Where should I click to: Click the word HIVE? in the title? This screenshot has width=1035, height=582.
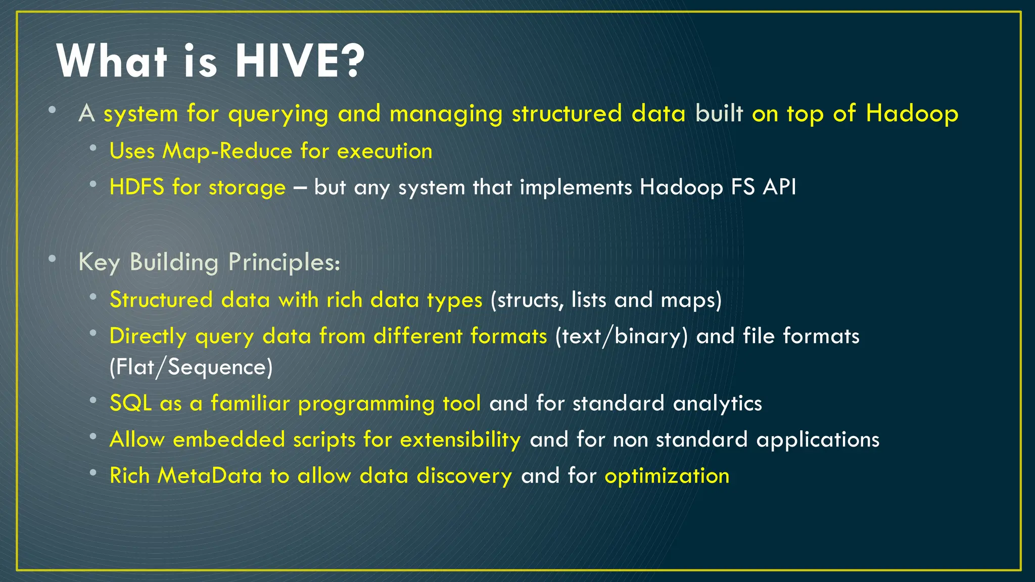pyautogui.click(x=300, y=61)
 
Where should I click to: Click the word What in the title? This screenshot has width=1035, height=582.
pyautogui.click(x=112, y=61)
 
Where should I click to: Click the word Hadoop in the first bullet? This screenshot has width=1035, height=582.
pyautogui.click(x=912, y=113)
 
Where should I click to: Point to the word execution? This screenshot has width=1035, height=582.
pyautogui.click(x=385, y=151)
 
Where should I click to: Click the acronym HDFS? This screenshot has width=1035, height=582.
pyautogui.click(x=137, y=187)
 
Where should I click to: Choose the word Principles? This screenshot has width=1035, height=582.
pyautogui.click(x=284, y=262)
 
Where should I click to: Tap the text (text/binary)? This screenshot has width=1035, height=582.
pyautogui.click(x=621, y=336)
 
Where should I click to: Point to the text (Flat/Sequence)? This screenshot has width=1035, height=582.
pyautogui.click(x=191, y=367)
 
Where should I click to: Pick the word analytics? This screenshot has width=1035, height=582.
pyautogui.click(x=717, y=404)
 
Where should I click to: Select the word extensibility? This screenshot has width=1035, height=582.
pyautogui.click(x=460, y=440)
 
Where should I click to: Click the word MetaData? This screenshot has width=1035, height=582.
pyautogui.click(x=209, y=476)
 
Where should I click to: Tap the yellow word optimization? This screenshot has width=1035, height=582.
pyautogui.click(x=667, y=476)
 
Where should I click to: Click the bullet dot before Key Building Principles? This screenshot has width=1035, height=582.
pyautogui.click(x=52, y=259)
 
